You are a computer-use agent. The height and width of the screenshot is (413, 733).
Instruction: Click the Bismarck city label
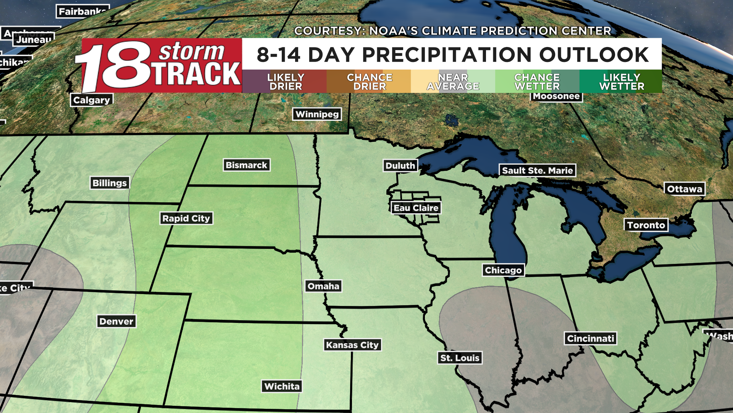click(246, 165)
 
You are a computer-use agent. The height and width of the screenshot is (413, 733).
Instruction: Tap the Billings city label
click(110, 183)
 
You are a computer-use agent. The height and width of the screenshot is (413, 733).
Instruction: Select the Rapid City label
click(186, 218)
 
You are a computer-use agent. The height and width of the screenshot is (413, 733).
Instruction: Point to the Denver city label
click(116, 321)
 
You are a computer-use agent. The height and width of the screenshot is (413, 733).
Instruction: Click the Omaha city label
click(323, 286)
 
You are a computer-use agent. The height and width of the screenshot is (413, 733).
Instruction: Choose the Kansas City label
click(352, 345)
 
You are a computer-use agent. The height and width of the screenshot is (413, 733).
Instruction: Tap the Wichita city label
click(282, 386)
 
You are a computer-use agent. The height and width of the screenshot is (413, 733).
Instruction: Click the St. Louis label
click(460, 358)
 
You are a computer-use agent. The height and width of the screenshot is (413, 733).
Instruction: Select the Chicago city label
click(503, 270)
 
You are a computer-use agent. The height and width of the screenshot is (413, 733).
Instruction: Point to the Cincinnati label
click(590, 338)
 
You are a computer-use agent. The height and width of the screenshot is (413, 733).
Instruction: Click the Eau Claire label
click(416, 208)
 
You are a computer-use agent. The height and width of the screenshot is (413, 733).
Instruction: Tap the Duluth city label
click(400, 166)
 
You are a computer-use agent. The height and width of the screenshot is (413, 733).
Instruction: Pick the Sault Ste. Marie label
click(537, 171)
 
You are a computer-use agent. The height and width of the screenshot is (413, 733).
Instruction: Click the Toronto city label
click(646, 225)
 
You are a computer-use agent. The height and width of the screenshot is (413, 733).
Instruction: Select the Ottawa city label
click(685, 189)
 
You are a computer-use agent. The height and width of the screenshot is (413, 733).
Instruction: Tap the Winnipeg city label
click(317, 114)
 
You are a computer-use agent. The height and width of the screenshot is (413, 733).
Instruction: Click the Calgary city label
click(92, 100)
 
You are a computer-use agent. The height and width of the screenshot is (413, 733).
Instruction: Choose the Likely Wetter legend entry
click(621, 81)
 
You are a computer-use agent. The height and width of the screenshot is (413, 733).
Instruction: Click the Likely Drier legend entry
click(285, 81)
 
